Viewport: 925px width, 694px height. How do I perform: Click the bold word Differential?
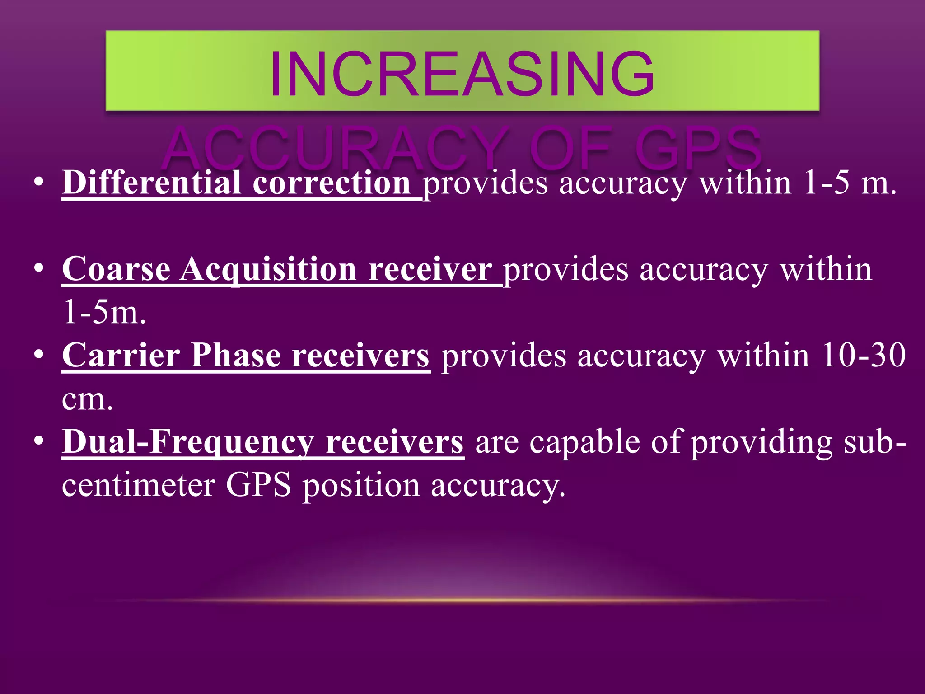pyautogui.click(x=151, y=183)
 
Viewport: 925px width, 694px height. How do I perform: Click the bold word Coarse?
pyautogui.click(x=116, y=269)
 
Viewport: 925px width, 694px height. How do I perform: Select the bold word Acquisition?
pyautogui.click(x=268, y=269)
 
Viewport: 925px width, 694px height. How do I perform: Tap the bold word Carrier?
pyautogui.click(x=121, y=355)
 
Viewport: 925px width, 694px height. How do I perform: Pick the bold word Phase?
pyautogui.click(x=236, y=355)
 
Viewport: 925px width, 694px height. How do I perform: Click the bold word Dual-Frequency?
pyautogui.click(x=188, y=442)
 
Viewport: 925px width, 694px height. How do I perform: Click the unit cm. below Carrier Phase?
pyautogui.click(x=87, y=399)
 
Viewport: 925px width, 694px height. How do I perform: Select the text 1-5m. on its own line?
pyautogui.click(x=104, y=313)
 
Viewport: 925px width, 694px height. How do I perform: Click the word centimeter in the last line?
pyautogui.click(x=138, y=485)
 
